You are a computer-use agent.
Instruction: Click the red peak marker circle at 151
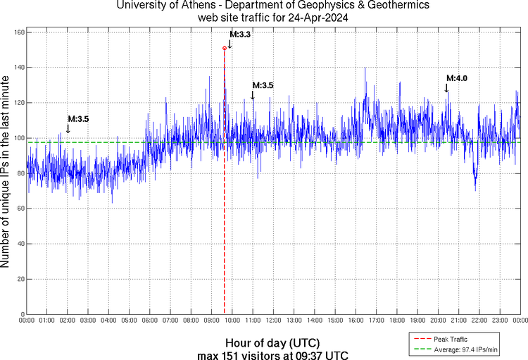pos(225,48)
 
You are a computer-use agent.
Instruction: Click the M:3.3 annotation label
pos(240,33)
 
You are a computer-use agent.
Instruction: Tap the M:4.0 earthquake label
pos(456,77)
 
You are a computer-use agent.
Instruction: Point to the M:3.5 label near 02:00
pos(78,119)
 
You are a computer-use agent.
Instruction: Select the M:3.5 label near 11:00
pos(263,85)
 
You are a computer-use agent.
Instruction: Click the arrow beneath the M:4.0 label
pos(446,87)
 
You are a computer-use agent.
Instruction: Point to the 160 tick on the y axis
pos(19,32)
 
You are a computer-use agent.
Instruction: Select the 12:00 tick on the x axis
pos(274,321)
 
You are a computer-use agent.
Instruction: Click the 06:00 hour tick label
pos(150,321)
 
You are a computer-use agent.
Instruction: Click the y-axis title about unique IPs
pos(6,173)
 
